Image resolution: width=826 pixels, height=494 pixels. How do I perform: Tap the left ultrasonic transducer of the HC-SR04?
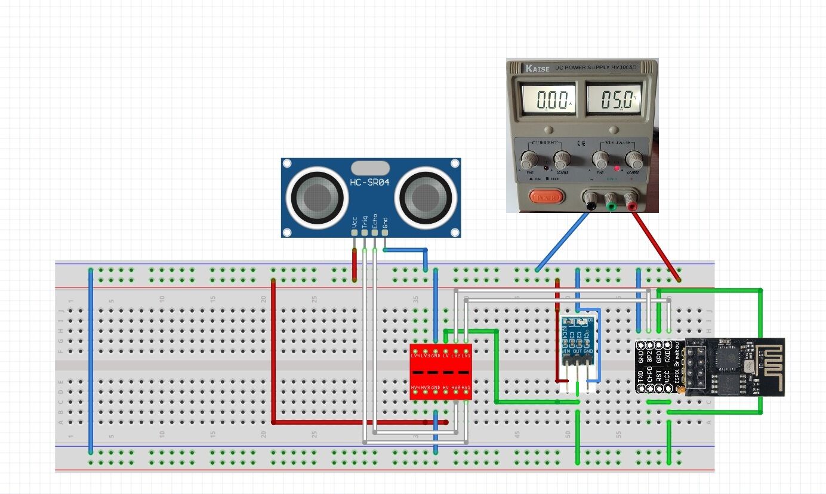[315, 196]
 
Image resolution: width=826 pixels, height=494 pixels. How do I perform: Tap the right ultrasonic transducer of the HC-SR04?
[426, 196]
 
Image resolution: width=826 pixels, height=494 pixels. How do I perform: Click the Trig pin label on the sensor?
[365, 221]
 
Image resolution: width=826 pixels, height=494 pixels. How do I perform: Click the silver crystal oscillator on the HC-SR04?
[370, 167]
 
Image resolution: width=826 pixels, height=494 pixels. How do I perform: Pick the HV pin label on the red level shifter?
[445, 388]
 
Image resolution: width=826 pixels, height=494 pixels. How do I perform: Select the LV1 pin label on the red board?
[466, 356]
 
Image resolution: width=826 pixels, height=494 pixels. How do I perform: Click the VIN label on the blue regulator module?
[565, 360]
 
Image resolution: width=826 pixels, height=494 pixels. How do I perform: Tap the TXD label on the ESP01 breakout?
[640, 376]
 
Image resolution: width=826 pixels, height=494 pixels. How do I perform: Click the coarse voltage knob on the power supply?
[634, 159]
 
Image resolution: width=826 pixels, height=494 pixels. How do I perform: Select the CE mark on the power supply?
[580, 144]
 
